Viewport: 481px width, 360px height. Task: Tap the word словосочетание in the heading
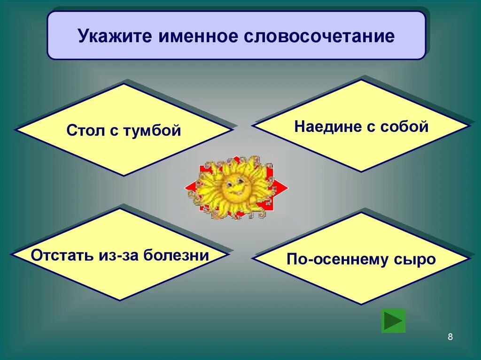click(319, 36)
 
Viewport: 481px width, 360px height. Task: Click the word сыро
click(416, 259)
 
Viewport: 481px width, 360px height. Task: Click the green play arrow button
click(393, 321)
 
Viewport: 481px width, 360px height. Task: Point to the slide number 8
click(450, 337)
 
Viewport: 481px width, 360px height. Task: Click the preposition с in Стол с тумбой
click(114, 130)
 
